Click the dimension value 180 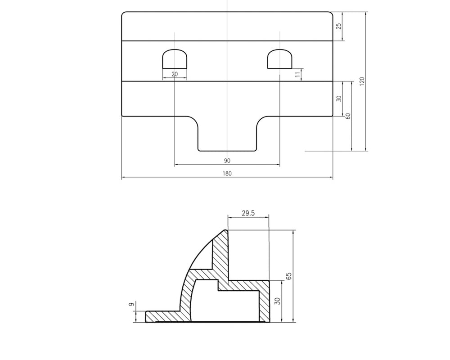tap(227, 174)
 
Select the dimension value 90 tap(227, 161)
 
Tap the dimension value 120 tap(362, 81)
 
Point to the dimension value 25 tap(339, 26)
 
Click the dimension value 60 tap(347, 116)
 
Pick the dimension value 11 tap(297, 75)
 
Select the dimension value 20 tap(174, 74)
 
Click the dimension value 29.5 tap(248, 213)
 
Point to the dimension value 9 tap(131, 305)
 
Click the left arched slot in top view tap(174, 58)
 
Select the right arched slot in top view tap(279, 58)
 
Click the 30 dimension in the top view tap(339, 99)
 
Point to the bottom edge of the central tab tap(227, 151)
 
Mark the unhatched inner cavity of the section tap(225, 306)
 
